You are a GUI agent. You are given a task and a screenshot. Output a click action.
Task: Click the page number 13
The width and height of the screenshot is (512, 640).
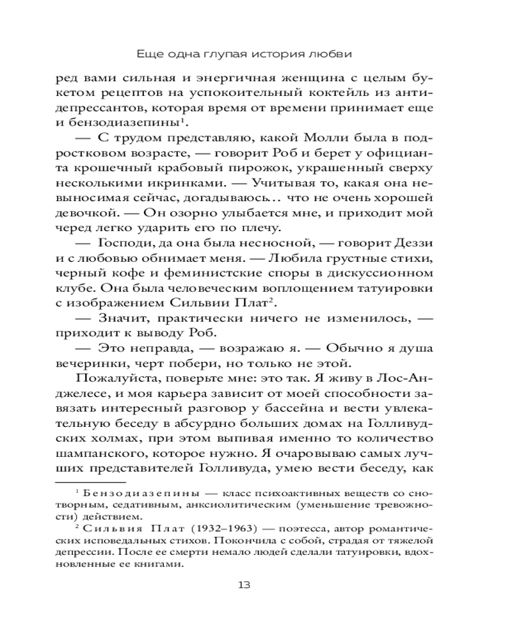[255, 584]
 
